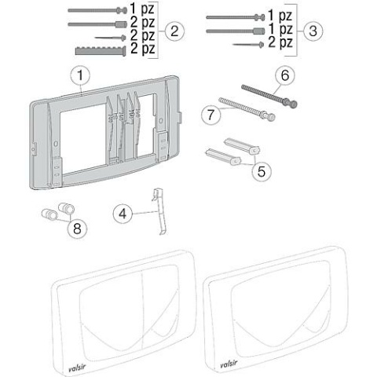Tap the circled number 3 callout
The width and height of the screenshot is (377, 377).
(x=313, y=31)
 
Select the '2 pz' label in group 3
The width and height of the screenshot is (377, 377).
(x=281, y=42)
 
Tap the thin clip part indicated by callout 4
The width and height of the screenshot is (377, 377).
(x=157, y=210)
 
